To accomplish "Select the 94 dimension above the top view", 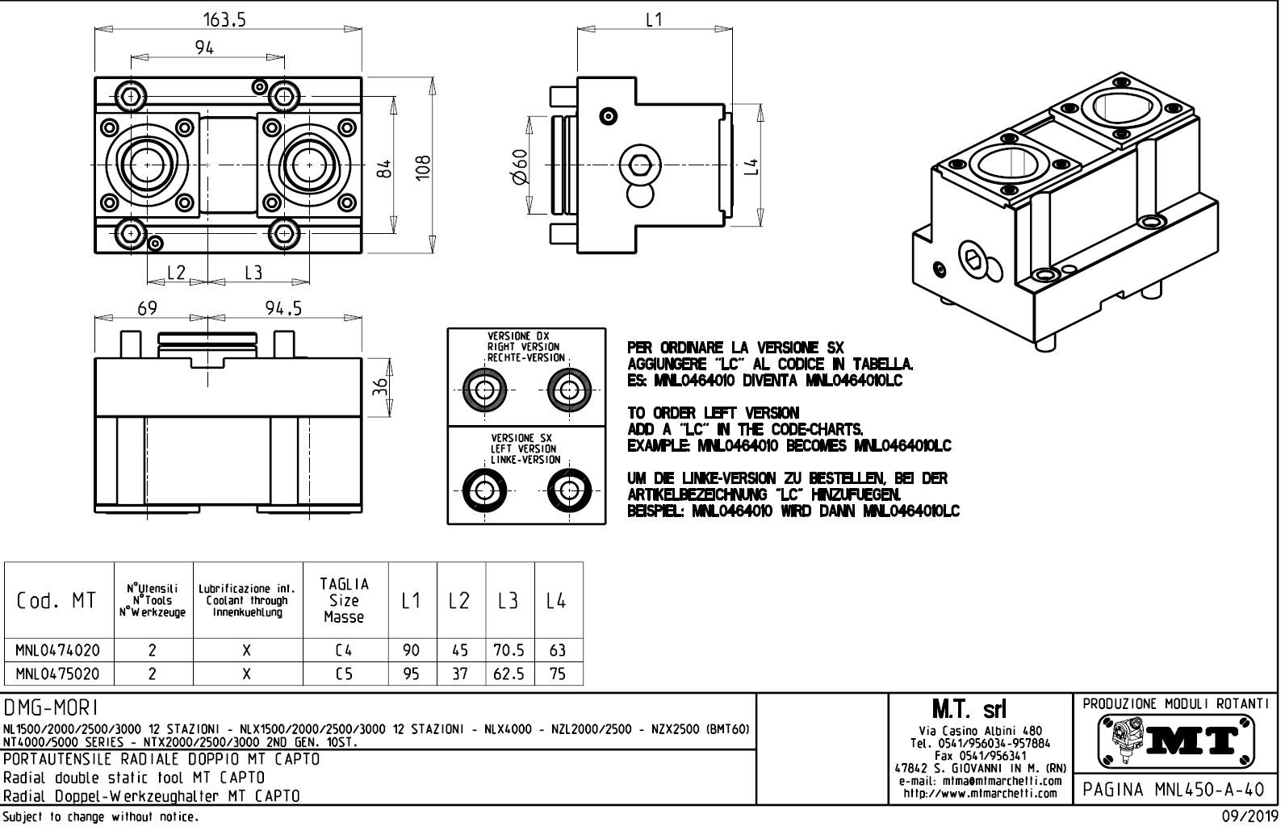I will point(205,48).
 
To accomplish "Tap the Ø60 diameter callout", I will point(519,167).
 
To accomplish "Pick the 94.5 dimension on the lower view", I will point(283,308).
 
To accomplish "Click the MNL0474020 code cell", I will point(58,650).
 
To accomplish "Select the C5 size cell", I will point(345,674).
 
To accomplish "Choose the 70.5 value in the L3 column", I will point(509,650).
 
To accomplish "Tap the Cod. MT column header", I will point(57,601).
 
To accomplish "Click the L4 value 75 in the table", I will point(557,674).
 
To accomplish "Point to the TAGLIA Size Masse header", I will point(345,600).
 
